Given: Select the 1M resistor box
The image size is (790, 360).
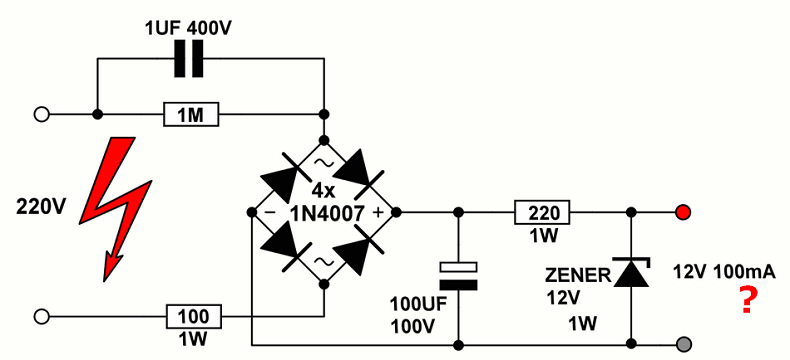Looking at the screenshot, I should click(190, 115).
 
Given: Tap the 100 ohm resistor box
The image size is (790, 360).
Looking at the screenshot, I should click(194, 317).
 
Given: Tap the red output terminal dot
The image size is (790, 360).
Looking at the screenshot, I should click(682, 212).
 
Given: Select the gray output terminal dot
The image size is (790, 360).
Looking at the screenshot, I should click(682, 343).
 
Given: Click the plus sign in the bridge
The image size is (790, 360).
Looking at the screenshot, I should click(378, 212).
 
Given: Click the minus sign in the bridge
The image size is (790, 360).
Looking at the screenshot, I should click(269, 212).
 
